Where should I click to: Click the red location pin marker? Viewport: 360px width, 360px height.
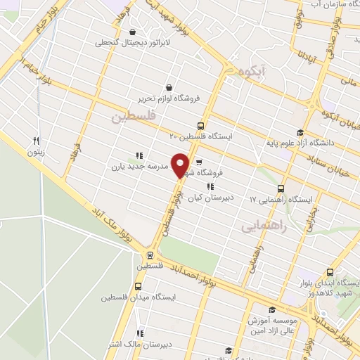181,165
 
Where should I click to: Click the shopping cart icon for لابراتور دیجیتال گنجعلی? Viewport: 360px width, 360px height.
133,32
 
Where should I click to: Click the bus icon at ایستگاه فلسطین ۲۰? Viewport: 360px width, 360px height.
202,126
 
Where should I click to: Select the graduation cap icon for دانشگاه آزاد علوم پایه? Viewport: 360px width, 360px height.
300,133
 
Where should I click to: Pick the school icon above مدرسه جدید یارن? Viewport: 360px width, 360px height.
139,156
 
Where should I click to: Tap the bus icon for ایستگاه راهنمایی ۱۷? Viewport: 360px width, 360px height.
281,189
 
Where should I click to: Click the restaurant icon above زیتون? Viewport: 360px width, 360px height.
37,141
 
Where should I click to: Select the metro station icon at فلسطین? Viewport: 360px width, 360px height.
150,255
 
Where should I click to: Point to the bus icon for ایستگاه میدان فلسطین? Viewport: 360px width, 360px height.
137,286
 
